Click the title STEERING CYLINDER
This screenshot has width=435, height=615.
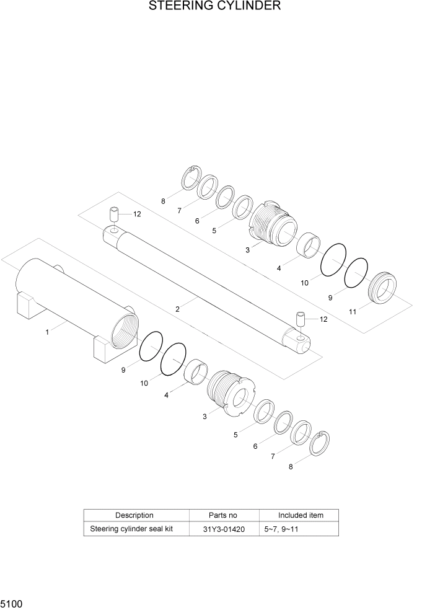(x=214, y=7)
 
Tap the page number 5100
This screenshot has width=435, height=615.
(x=12, y=603)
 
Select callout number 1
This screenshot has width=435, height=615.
(x=47, y=332)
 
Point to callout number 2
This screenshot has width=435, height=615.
(x=177, y=308)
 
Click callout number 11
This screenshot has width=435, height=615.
(x=352, y=312)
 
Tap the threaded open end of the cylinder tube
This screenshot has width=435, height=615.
(x=125, y=327)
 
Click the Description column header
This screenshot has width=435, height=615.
(x=134, y=515)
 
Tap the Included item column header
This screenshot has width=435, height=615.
(x=300, y=515)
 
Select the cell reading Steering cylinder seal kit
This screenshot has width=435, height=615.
(x=131, y=529)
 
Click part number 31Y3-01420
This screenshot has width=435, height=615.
(x=223, y=529)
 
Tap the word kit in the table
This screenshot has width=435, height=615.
(x=166, y=529)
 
